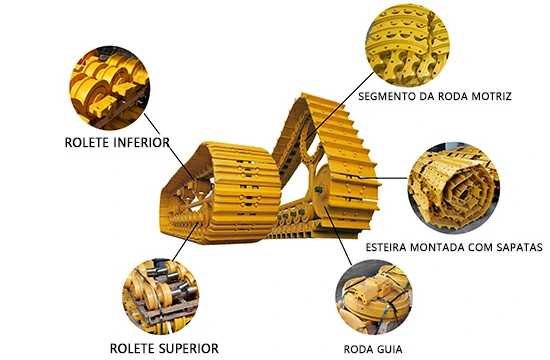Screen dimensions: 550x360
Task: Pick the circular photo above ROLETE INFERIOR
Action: point(106,81)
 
